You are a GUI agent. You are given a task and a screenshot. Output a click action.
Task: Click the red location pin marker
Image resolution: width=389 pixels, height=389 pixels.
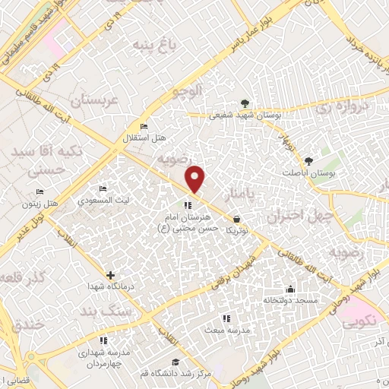click(196, 179)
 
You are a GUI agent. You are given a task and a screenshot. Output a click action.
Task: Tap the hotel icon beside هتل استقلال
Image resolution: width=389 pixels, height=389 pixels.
click(144, 126)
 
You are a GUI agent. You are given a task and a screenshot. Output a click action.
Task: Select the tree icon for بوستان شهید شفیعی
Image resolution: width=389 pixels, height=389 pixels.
click(244, 103)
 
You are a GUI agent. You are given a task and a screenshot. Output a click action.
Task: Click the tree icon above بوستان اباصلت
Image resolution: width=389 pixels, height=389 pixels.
click(308, 161)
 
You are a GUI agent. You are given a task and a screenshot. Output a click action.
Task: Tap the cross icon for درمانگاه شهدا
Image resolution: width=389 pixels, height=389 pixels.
click(111, 275)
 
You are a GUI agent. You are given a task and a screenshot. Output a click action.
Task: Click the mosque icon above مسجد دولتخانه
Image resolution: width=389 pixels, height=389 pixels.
click(289, 289)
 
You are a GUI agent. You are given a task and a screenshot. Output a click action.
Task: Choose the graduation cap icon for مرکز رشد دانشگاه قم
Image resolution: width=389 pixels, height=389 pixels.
click(176, 362)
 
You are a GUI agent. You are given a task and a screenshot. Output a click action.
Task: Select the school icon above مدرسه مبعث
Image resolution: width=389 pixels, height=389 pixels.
click(225, 318)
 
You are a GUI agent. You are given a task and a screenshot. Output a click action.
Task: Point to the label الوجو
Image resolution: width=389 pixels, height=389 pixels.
click(188, 92)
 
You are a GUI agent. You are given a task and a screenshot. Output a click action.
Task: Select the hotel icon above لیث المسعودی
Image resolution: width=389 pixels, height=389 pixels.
click(103, 188)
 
